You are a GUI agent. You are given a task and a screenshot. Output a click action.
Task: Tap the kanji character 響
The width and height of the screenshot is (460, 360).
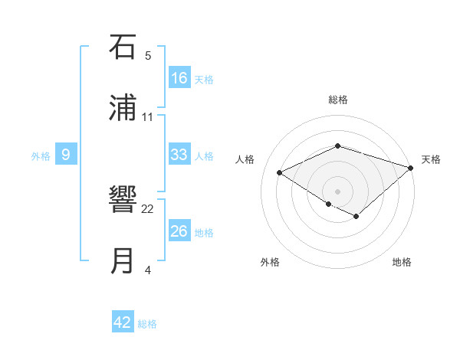coord(123,201)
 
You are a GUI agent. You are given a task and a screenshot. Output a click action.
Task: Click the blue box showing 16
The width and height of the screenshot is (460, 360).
coord(179,77)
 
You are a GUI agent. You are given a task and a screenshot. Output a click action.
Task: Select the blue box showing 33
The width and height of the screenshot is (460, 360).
coord(179,155)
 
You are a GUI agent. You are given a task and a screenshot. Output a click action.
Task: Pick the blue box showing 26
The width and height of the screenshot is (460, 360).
coord(179,231)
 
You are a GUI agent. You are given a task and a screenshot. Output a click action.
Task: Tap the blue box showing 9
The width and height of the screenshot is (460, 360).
coord(66,155)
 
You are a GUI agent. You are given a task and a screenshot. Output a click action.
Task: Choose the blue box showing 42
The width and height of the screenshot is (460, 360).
coord(123,322)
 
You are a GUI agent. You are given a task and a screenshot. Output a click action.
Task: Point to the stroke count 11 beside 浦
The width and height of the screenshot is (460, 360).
coord(148,116)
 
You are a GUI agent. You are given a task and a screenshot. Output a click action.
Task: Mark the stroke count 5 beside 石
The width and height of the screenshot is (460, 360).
coord(148,55)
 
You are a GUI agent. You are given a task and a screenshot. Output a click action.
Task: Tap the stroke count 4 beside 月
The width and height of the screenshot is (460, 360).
coord(148,270)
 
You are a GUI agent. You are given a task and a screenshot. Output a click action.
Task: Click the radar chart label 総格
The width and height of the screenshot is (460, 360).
coord(337,100)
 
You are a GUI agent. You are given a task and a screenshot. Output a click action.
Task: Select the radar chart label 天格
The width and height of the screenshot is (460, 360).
coord(431,159)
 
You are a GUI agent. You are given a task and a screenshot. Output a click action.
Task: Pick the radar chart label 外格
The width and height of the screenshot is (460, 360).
coord(270,262)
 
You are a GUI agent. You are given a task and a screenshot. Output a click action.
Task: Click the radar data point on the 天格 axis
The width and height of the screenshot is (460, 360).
coord(411,167)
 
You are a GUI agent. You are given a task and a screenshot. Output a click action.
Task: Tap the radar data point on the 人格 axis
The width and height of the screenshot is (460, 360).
coord(280,172)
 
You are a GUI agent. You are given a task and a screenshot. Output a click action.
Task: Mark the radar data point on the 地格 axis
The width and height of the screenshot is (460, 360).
coord(356,216)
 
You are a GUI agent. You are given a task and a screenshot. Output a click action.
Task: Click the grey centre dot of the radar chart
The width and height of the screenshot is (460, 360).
coord(337,191)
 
